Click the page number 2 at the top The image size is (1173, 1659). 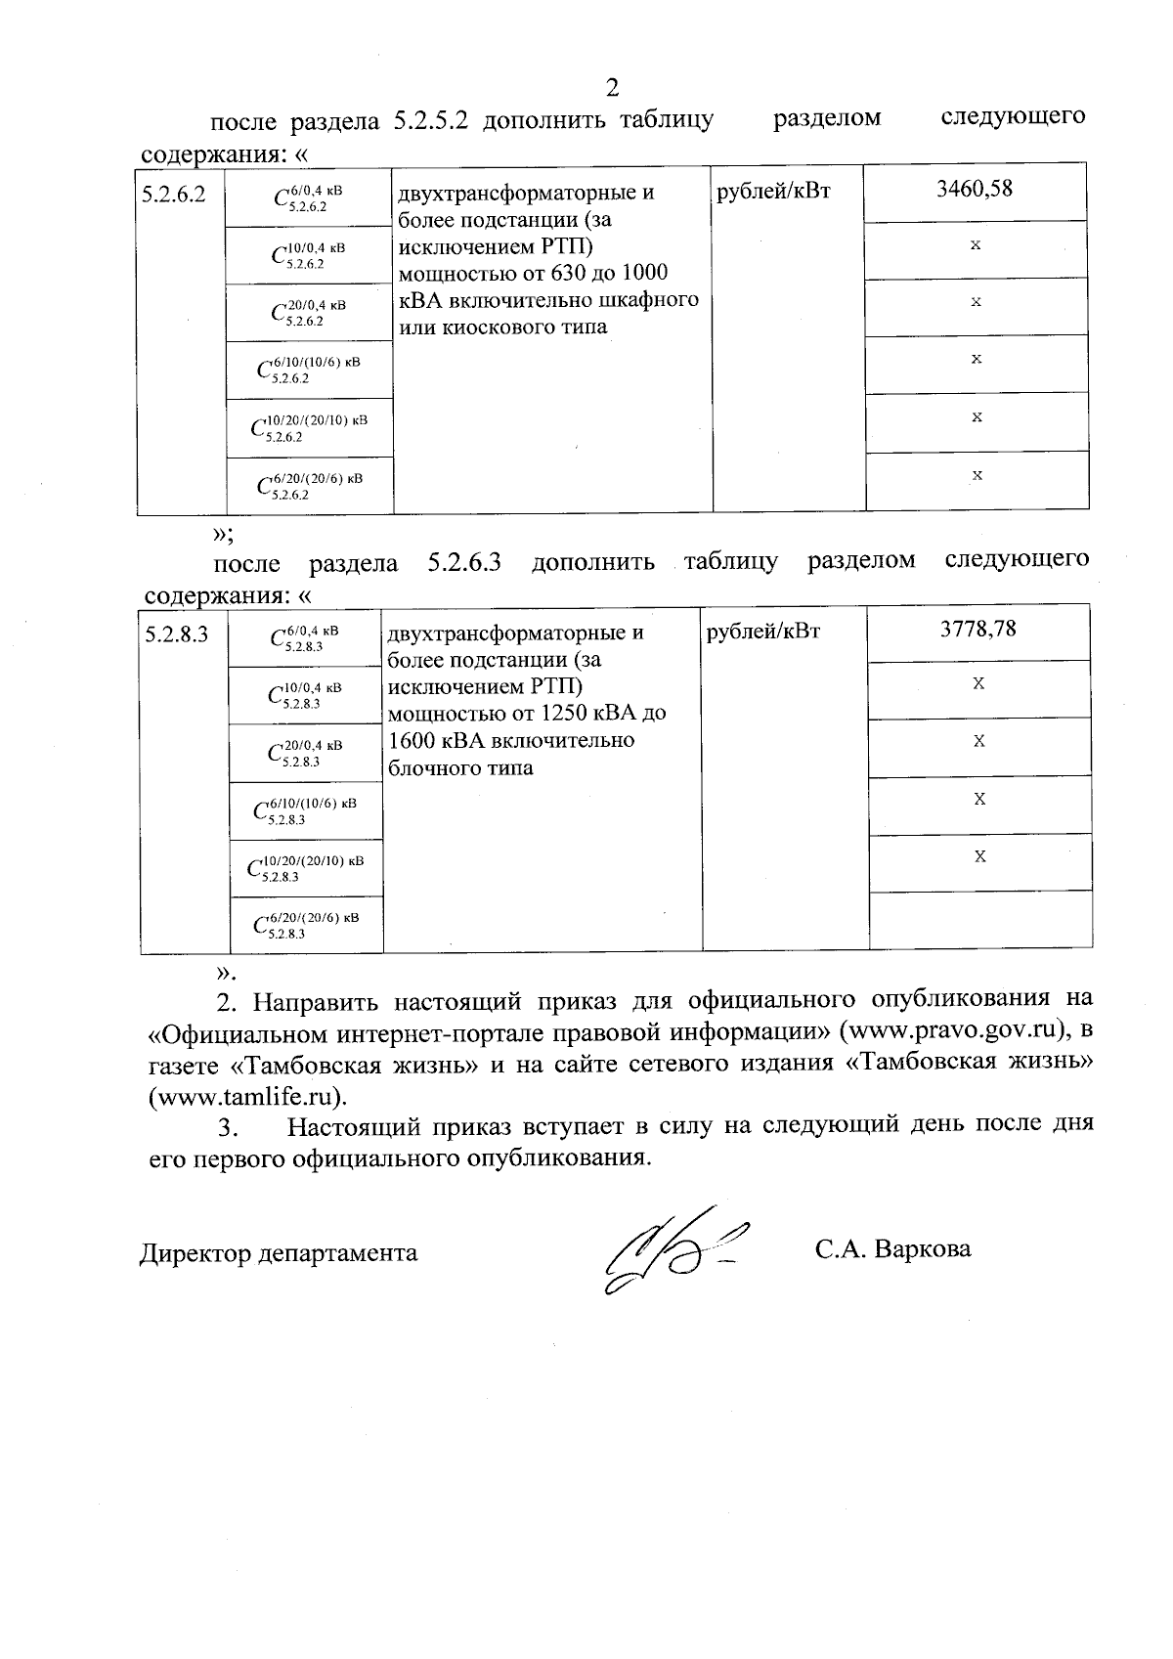tap(613, 88)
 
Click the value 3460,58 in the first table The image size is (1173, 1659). tap(975, 189)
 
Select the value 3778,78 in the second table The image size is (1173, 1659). tap(978, 629)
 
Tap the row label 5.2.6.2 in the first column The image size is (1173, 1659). tap(173, 194)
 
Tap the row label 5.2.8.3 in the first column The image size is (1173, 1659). tap(177, 634)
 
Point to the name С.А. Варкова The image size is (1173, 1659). tap(892, 1249)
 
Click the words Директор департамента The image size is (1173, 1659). tap(279, 1253)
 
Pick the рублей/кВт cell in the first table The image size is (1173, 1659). tap(773, 192)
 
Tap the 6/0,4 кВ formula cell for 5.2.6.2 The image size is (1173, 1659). tap(309, 198)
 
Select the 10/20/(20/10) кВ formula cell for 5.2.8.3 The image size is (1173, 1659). tap(306, 867)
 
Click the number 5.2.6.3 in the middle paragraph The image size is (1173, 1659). tap(464, 563)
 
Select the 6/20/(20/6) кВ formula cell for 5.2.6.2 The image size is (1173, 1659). tap(309, 485)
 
